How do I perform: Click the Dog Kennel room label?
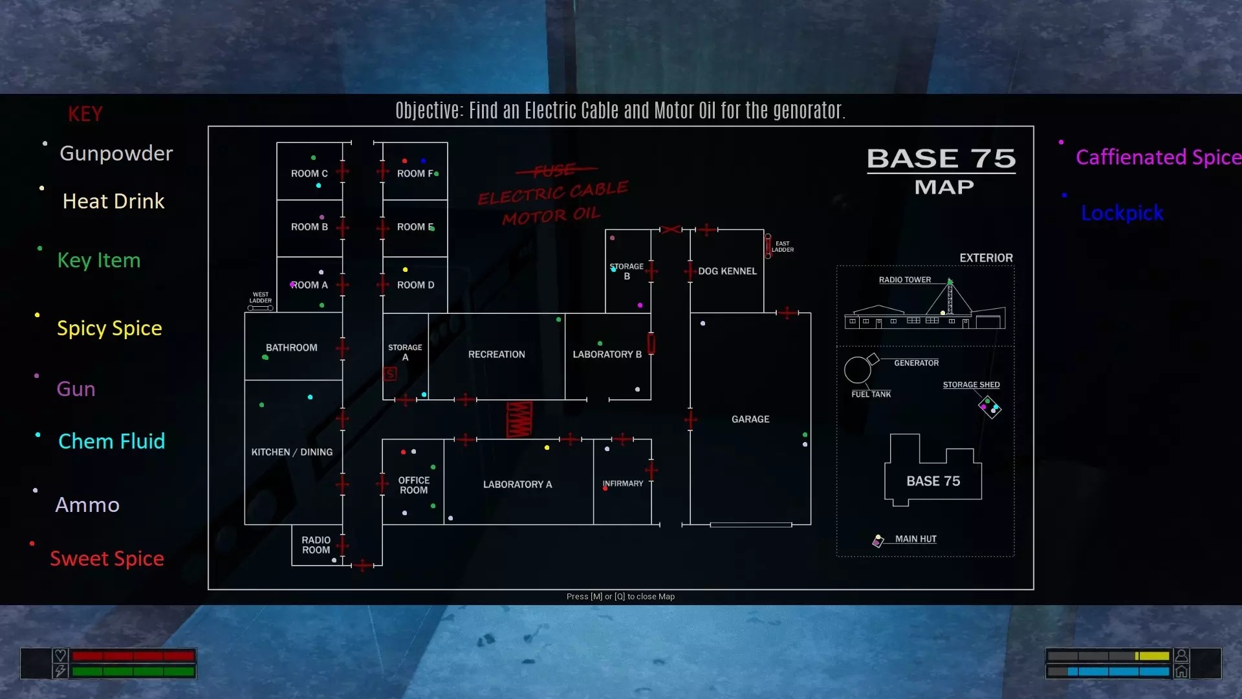point(727,271)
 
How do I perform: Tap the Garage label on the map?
point(750,419)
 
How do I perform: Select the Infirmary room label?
point(623,483)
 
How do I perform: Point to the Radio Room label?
point(316,545)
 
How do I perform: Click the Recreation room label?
point(496,355)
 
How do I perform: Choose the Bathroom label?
point(291,348)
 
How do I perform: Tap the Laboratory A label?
point(517,485)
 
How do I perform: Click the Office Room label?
point(413,485)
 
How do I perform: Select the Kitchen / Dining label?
point(292,452)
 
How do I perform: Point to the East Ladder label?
point(783,247)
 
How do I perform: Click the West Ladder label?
point(261,297)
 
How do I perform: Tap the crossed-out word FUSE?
point(555,170)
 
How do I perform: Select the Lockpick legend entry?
point(1122,213)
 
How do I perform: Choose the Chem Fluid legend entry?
point(111,441)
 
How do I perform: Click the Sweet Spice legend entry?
point(107,559)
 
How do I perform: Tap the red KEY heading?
point(85,114)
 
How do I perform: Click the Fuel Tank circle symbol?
point(858,370)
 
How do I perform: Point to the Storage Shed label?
point(971,384)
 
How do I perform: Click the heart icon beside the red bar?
point(60,656)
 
